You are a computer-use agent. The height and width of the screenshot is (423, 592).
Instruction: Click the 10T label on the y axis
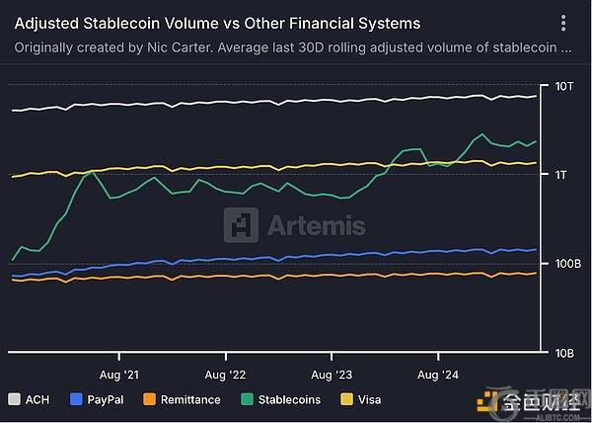[x=563, y=87]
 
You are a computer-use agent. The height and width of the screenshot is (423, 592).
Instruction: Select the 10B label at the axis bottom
[x=563, y=353]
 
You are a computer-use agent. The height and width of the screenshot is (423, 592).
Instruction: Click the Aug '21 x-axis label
[x=118, y=375]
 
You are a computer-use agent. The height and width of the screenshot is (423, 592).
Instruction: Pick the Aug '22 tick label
[x=226, y=375]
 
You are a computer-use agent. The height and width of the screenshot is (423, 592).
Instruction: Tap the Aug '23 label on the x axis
[x=332, y=375]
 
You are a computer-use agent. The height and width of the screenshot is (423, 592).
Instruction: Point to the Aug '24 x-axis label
[x=438, y=375]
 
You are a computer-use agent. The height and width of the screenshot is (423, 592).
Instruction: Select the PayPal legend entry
[x=105, y=400]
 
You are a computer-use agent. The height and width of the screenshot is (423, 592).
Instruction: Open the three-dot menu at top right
[x=562, y=23]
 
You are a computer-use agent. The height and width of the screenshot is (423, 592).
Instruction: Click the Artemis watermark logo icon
[x=241, y=224]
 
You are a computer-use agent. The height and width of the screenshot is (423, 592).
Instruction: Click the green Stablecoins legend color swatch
[x=248, y=400]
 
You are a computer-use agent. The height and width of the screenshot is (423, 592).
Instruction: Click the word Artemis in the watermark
[x=317, y=225]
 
